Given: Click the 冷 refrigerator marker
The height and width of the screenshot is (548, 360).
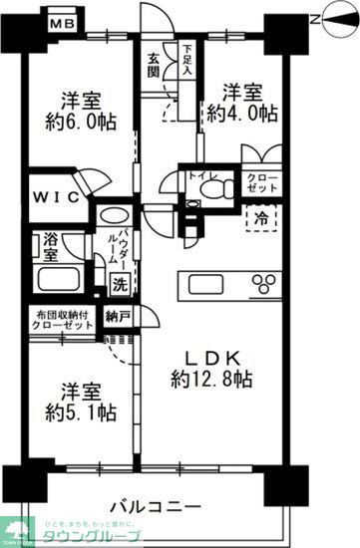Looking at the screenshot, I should pos(259,217).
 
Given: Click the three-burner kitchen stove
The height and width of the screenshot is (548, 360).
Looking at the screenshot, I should pos(265,283).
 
